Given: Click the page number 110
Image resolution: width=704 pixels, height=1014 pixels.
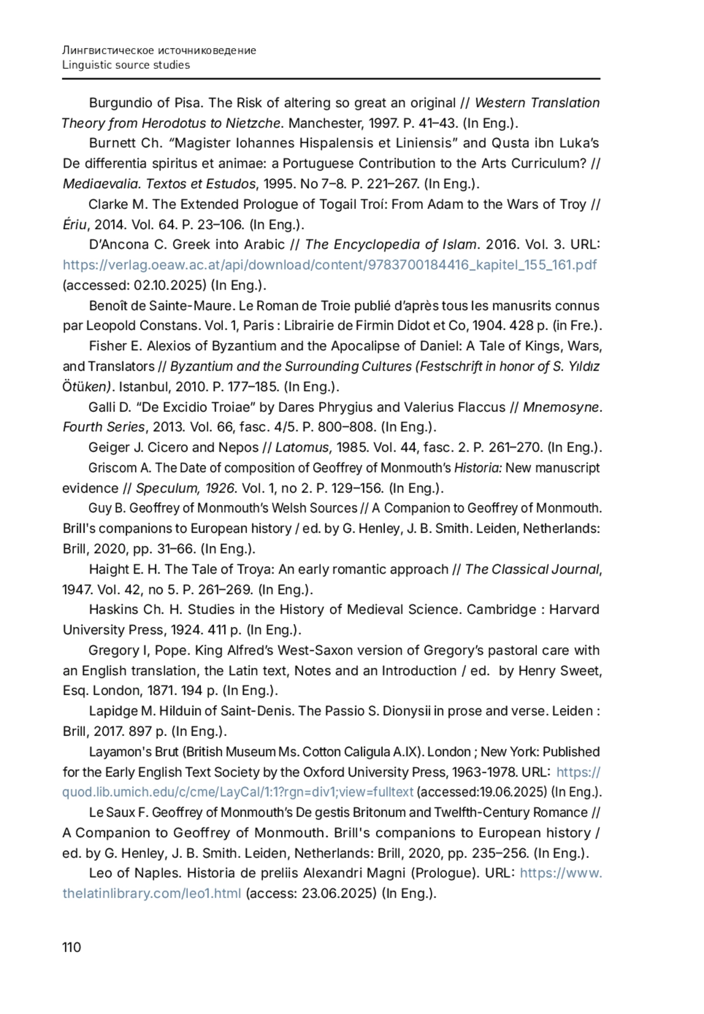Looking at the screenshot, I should [x=72, y=947].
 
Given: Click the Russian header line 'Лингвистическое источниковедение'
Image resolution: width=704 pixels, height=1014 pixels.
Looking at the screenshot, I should [x=159, y=50].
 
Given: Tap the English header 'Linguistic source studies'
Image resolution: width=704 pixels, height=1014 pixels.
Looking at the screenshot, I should [x=126, y=65].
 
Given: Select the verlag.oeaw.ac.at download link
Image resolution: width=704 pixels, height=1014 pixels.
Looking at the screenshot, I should [x=330, y=265].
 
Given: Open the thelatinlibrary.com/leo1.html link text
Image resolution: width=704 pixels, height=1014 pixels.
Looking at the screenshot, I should [x=151, y=894].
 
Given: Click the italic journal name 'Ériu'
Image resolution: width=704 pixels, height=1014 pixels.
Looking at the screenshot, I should [x=75, y=225].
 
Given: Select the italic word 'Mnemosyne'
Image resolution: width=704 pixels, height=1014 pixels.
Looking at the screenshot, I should [x=561, y=407].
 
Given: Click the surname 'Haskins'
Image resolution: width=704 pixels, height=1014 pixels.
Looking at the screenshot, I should [x=114, y=610].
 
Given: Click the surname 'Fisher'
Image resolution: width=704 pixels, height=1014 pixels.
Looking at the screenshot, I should [x=108, y=347].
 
